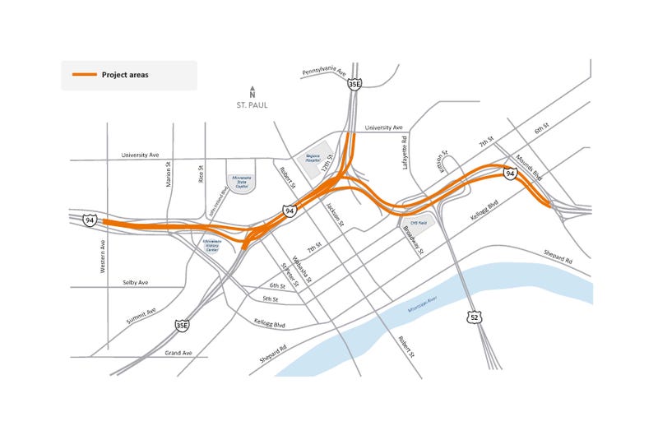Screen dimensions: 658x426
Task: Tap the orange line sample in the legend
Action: click(x=84, y=75)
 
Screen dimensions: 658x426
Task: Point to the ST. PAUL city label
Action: click(x=253, y=105)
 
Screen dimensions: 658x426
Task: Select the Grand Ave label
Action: click(x=175, y=353)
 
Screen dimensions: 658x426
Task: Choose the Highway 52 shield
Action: click(x=474, y=317)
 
